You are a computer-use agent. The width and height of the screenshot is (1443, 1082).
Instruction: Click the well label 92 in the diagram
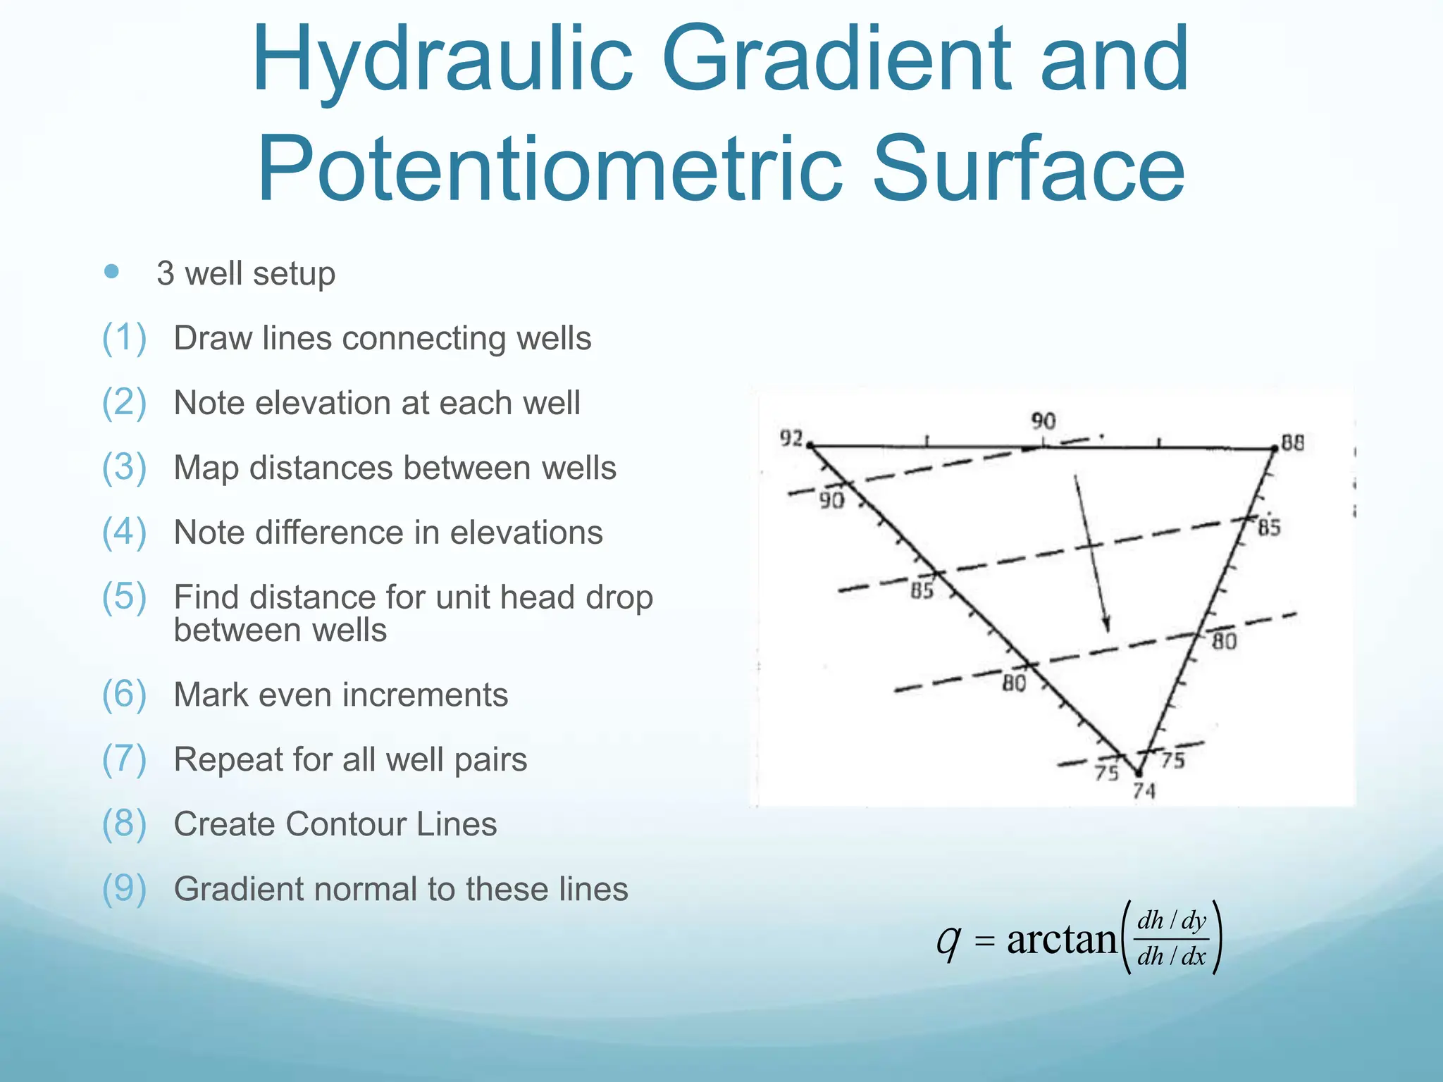click(x=791, y=438)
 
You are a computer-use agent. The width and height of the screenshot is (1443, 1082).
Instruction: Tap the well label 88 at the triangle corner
click(x=1293, y=443)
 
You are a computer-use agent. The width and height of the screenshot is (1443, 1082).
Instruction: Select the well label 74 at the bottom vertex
click(x=1144, y=791)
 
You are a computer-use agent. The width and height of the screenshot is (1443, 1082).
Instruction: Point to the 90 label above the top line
click(x=1043, y=421)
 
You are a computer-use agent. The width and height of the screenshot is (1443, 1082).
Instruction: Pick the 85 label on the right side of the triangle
click(x=1269, y=528)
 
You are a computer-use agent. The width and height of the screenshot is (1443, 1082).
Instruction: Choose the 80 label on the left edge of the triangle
click(x=1014, y=683)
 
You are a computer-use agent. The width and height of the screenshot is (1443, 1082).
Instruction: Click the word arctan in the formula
click(x=1062, y=939)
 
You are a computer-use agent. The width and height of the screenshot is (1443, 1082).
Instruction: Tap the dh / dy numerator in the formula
click(x=1172, y=921)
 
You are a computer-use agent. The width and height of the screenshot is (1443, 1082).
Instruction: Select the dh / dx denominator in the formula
click(x=1172, y=957)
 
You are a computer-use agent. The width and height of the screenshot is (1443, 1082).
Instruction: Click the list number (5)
click(x=124, y=597)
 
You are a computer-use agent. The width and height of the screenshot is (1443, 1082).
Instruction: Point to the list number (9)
click(x=124, y=888)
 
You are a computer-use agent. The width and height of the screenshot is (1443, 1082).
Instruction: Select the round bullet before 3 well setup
click(x=111, y=271)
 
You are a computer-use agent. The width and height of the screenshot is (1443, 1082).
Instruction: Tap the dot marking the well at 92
click(x=810, y=445)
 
